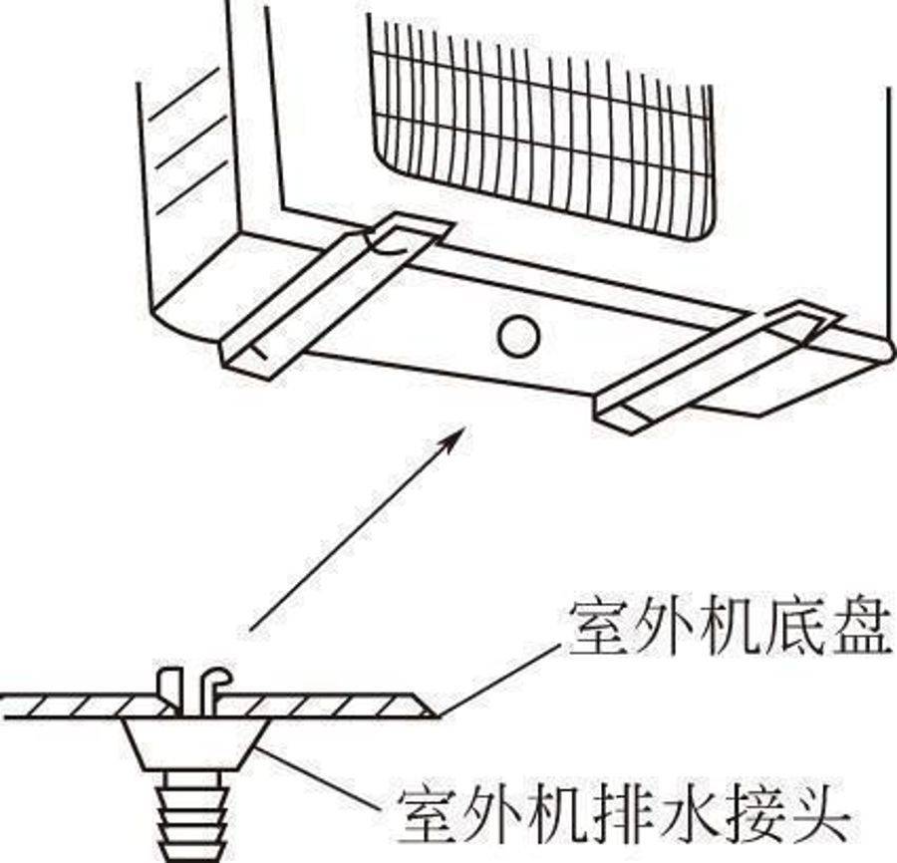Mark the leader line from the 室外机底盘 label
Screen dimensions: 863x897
[x=498, y=678]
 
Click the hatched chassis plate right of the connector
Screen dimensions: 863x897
[x=329, y=706]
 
